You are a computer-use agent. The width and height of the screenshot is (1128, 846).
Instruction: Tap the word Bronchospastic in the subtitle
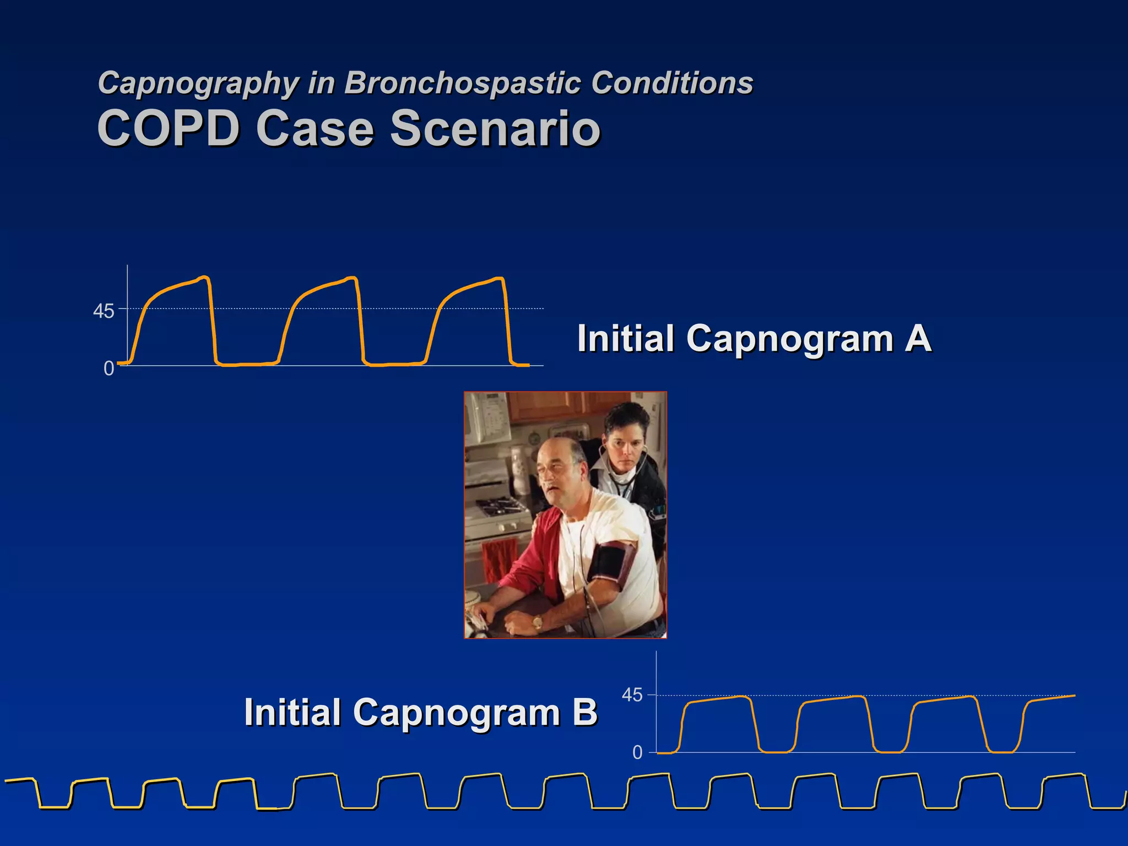[x=463, y=84]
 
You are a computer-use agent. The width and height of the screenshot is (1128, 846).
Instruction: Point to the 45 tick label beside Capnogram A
[x=104, y=312]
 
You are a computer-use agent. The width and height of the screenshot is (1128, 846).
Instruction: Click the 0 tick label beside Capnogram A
[x=109, y=368]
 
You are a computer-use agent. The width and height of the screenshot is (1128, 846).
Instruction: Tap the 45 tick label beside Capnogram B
[x=632, y=696]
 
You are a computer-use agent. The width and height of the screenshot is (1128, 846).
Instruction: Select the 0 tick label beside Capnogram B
[x=637, y=752]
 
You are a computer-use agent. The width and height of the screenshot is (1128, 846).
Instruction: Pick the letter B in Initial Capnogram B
[x=584, y=712]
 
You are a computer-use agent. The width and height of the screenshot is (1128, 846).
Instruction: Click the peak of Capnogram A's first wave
[x=204, y=277]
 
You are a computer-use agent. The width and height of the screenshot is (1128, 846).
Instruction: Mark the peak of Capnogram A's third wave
[x=499, y=278]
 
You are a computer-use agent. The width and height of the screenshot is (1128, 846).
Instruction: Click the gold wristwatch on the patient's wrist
[x=537, y=623]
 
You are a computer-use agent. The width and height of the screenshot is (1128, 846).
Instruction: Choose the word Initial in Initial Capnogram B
[x=292, y=712]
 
